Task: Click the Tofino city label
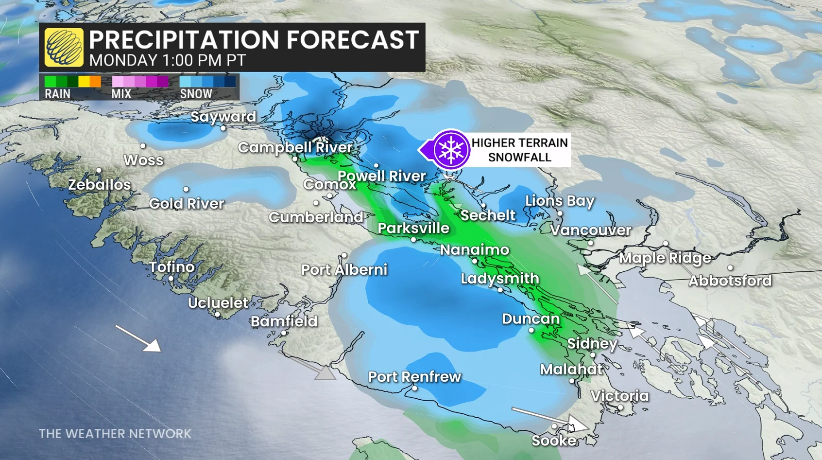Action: [x=172, y=267]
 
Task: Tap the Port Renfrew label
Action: [x=414, y=376]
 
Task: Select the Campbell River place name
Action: [x=295, y=147]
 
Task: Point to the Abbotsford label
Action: [x=730, y=281]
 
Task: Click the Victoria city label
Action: [x=619, y=396]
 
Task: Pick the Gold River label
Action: [x=187, y=203]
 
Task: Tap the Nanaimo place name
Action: [x=474, y=250]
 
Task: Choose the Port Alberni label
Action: [x=344, y=269]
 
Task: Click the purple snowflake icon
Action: [x=451, y=149]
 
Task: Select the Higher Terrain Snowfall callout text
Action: [x=519, y=150]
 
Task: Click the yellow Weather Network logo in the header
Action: [x=64, y=47]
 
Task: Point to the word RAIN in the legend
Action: [x=57, y=94]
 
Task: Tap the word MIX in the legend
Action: [x=121, y=94]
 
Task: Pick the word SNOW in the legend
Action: [x=196, y=94]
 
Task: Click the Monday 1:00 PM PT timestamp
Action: [x=167, y=60]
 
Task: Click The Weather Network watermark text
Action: [x=115, y=433]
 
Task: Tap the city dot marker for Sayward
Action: [x=223, y=128]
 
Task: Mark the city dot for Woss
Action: [x=143, y=146]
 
